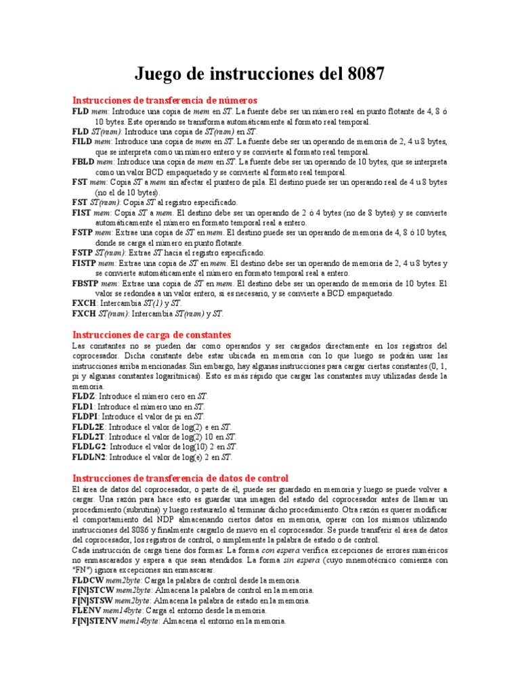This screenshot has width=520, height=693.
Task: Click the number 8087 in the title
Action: [362, 74]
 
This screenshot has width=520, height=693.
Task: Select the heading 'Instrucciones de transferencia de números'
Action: [165, 100]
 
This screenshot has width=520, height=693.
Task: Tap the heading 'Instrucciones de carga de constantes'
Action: [152, 335]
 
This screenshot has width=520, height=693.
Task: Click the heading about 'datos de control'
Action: [180, 478]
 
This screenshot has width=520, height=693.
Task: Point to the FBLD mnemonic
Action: [83, 162]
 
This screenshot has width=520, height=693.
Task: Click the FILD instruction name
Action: [83, 142]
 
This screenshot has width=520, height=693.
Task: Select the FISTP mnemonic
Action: [85, 263]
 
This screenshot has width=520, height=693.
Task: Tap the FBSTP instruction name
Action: [87, 284]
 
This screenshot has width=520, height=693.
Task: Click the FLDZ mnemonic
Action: [85, 396]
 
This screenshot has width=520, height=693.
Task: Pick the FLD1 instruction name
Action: [84, 406]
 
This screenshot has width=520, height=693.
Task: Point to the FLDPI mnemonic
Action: [85, 417]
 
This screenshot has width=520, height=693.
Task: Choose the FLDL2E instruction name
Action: [88, 427]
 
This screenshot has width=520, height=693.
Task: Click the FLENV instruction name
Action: [86, 610]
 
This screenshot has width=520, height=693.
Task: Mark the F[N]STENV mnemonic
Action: [94, 621]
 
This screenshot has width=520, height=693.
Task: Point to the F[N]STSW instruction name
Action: [92, 600]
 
